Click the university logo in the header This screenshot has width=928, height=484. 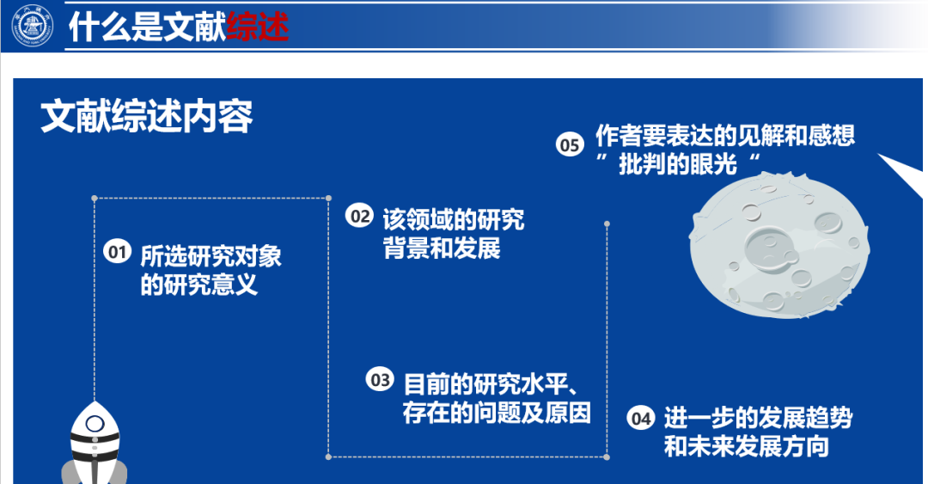click(x=34, y=26)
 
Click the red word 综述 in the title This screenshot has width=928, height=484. click(x=258, y=28)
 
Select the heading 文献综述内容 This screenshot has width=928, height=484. click(x=147, y=116)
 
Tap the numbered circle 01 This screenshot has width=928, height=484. click(x=117, y=252)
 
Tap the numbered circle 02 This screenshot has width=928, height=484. click(x=359, y=216)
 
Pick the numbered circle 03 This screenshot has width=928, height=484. click(x=380, y=379)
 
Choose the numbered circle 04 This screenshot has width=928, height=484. click(x=641, y=419)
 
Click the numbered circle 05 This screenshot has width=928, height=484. click(x=570, y=144)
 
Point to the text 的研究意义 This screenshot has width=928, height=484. click(x=198, y=285)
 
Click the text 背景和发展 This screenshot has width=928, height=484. click(x=442, y=248)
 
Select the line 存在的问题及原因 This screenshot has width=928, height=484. click(x=497, y=413)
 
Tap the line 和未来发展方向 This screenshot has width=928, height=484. click(x=747, y=446)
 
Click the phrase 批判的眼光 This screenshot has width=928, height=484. click(x=678, y=164)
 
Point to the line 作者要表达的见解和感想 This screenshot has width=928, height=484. click(x=725, y=136)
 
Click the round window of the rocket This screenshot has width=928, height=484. click(x=95, y=424)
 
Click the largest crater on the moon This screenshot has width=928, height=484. click(x=771, y=248)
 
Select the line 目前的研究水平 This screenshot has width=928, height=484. click(x=485, y=384)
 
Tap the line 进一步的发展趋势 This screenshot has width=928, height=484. click(x=758, y=418)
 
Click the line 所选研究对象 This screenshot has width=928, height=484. click(x=211, y=256)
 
